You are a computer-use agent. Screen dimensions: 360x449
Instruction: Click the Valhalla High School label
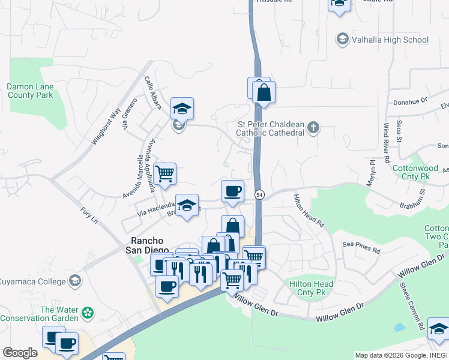pos(382,40)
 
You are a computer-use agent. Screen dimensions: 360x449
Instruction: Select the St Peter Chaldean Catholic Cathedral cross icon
pos(313,127)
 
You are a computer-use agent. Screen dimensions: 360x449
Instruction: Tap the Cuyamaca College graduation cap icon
pos(75,280)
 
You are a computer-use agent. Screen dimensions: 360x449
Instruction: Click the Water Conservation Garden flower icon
pos(88,313)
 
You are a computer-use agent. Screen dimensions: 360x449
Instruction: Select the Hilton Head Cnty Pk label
pos(311,288)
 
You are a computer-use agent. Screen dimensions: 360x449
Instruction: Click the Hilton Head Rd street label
pos(309,211)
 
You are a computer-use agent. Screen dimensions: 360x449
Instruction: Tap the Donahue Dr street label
pos(410,102)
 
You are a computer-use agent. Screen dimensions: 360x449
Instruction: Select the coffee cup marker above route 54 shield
pos(232,191)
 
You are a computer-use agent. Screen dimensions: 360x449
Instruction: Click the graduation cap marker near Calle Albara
pos(182,109)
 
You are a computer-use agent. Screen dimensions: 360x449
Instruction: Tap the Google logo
pos(20,353)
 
